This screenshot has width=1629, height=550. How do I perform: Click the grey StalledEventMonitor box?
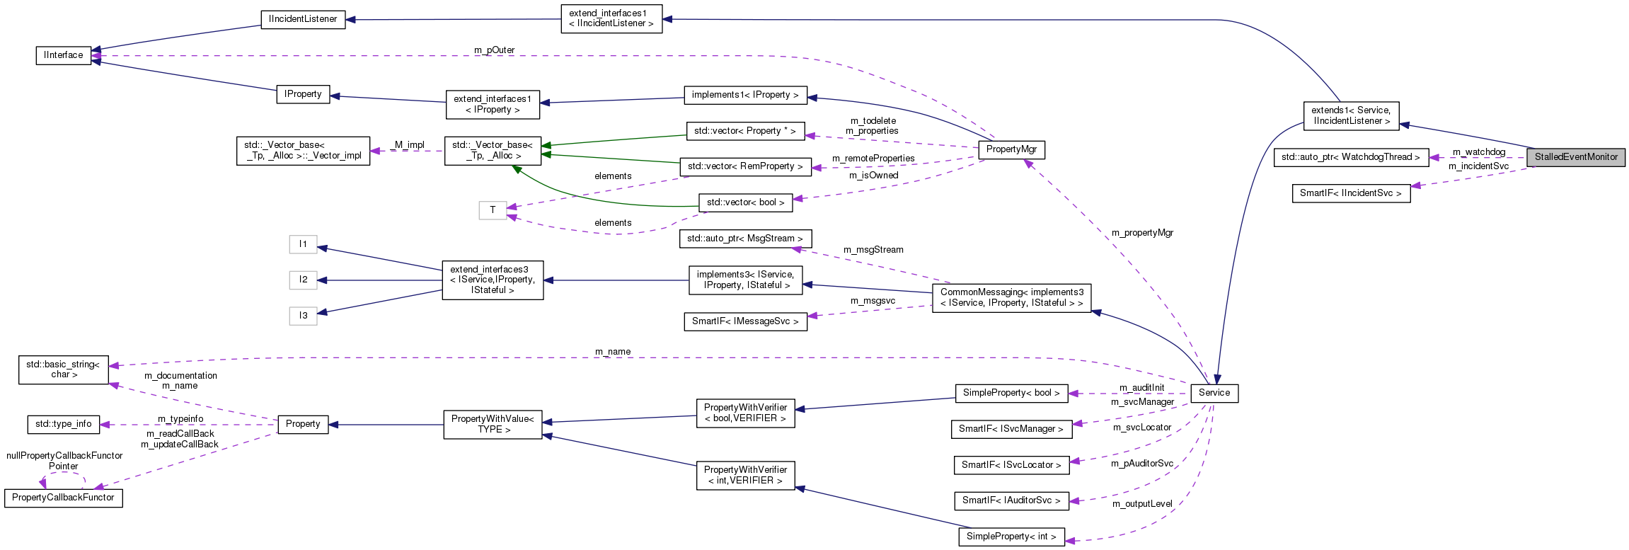click(1575, 157)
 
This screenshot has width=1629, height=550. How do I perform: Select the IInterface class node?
click(64, 55)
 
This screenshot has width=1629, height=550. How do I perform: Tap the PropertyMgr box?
click(1011, 149)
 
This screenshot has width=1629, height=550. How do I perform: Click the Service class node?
click(1214, 393)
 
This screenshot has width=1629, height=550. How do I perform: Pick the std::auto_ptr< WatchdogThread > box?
click(1350, 157)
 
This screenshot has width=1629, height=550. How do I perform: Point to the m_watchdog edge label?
click(1479, 152)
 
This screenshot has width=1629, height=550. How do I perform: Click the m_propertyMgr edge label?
click(1142, 233)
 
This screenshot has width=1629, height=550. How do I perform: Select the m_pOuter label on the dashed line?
click(495, 50)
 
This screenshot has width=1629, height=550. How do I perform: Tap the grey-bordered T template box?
click(493, 210)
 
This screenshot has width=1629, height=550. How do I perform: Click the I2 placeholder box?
click(303, 280)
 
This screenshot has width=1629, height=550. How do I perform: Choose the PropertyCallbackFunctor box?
click(63, 498)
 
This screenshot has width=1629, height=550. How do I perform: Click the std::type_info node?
click(64, 424)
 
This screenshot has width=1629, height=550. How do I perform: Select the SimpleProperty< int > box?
click(1011, 537)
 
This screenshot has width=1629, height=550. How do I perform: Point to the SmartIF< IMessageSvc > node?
click(745, 321)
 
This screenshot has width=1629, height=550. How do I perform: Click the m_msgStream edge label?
click(873, 250)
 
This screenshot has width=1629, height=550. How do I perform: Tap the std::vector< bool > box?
click(745, 202)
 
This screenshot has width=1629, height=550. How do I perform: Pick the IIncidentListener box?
click(303, 19)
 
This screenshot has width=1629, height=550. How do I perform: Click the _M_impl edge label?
click(407, 145)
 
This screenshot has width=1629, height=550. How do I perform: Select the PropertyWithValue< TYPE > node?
click(493, 424)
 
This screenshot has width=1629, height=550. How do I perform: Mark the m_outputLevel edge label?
click(1142, 504)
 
